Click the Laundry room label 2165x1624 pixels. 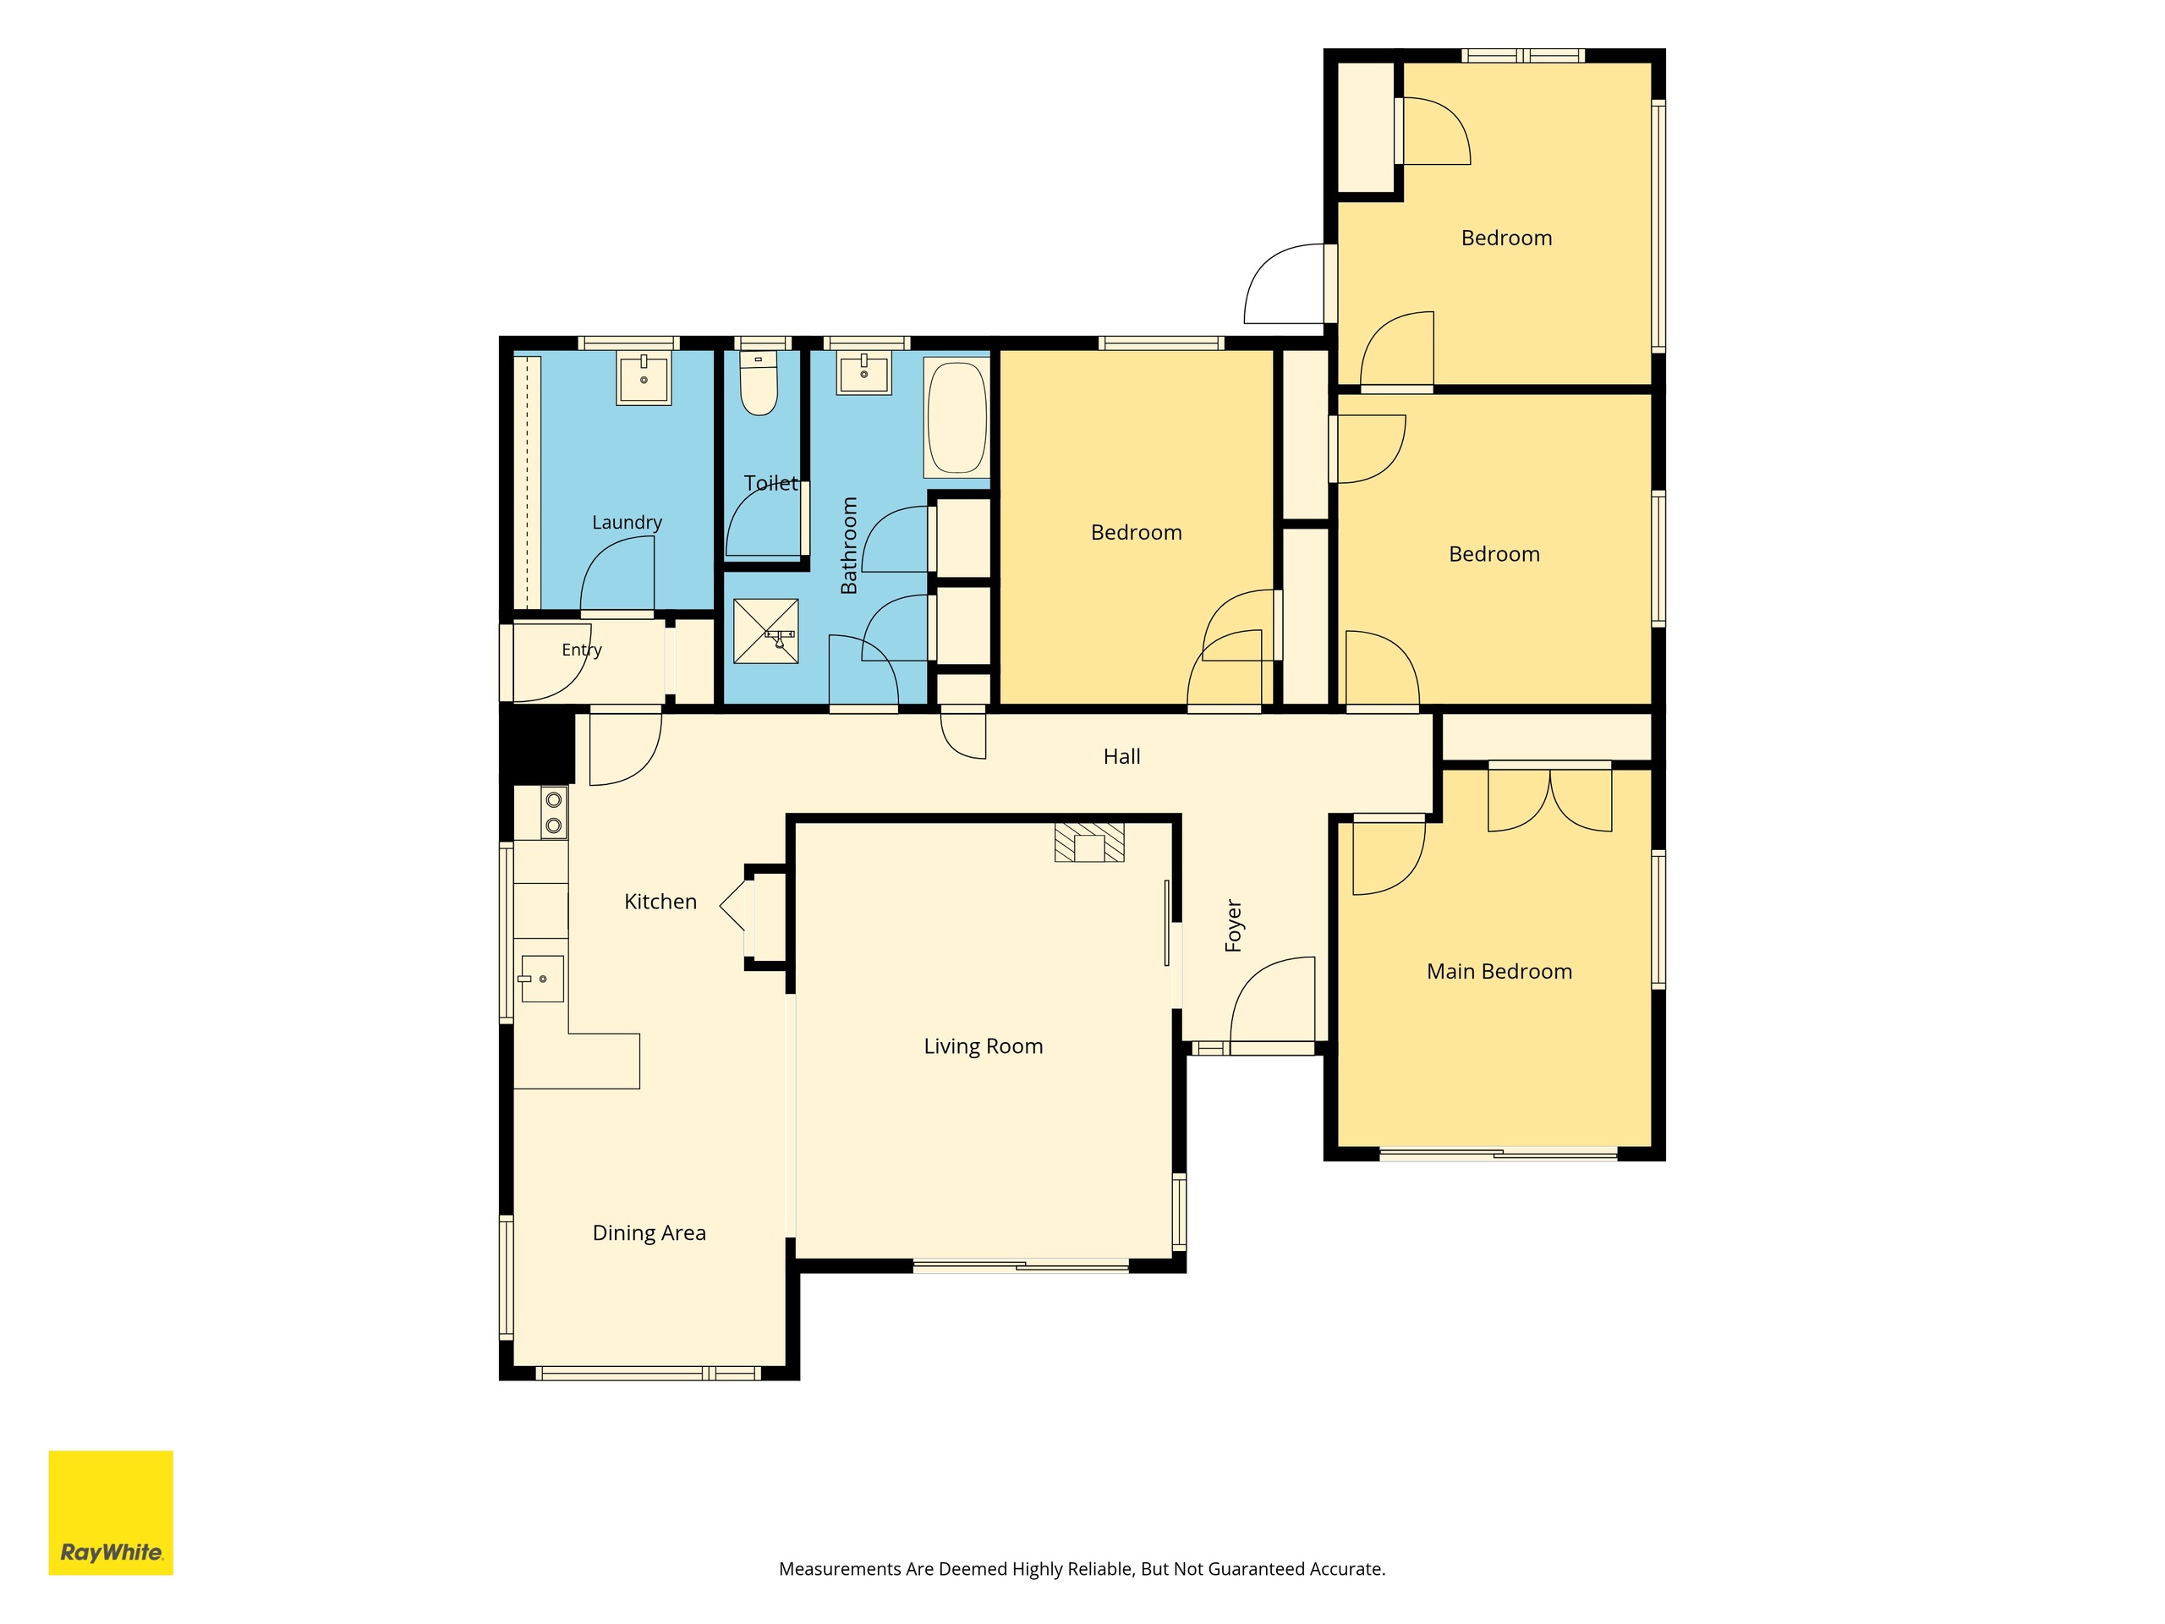(627, 523)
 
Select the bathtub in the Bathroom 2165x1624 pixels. (957, 418)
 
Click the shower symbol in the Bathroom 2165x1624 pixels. (766, 630)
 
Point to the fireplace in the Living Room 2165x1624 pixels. (1089, 842)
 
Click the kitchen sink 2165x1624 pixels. (542, 979)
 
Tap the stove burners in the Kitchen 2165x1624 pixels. (554, 813)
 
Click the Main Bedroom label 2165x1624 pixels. (1499, 972)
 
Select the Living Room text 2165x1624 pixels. (984, 1046)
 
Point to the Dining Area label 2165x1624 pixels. (649, 1233)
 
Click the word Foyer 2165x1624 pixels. (1233, 925)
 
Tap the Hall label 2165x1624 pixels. (1121, 757)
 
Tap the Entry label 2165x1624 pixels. (581, 650)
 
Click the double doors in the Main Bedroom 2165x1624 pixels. (1549, 798)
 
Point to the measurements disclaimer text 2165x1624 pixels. (1082, 1569)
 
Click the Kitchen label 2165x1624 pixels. (660, 902)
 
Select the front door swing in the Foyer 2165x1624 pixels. (1273, 1003)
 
